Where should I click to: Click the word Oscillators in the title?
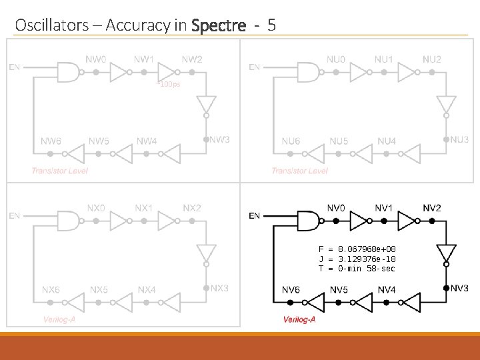pos(51,26)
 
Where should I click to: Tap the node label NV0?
pos(336,207)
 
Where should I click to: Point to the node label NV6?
pos(290,289)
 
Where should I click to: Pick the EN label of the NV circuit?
pos(255,215)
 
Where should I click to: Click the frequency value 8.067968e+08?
pos(367,247)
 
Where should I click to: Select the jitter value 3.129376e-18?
pos(367,258)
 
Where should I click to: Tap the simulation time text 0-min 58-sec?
pos(367,269)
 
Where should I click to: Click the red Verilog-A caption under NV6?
pos(299,320)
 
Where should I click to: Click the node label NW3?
pos(219,139)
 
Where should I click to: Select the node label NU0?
pos(336,59)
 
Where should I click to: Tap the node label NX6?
pos(51,289)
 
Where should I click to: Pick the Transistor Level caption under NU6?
pos(299,171)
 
